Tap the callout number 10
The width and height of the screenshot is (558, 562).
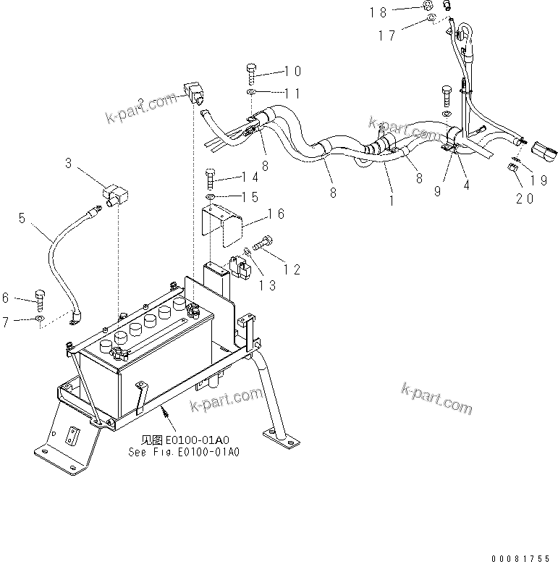(292, 71)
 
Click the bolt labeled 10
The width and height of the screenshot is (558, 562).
(251, 72)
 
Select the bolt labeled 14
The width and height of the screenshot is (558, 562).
(210, 177)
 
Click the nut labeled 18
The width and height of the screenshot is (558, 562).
(430, 10)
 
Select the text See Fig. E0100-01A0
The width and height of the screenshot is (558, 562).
(183, 450)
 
